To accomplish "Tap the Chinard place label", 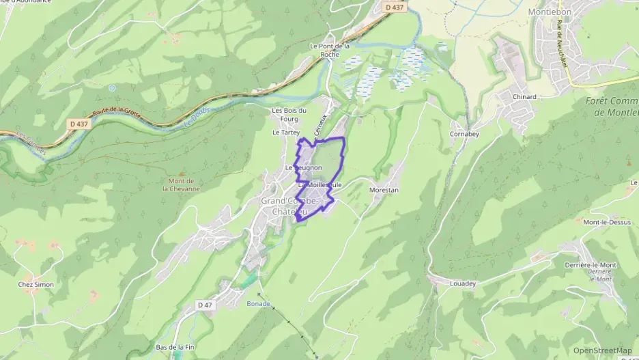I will pyautogui.click(x=524, y=97).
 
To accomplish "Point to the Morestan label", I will pyautogui.click(x=383, y=190).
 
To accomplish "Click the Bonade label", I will pyautogui.click(x=259, y=303).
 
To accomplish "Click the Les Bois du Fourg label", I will pyautogui.click(x=290, y=115).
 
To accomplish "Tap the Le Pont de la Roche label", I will pyautogui.click(x=330, y=51).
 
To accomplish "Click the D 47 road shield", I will pyautogui.click(x=204, y=304).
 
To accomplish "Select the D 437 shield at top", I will pyautogui.click(x=395, y=8).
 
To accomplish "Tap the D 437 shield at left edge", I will pyautogui.click(x=78, y=123).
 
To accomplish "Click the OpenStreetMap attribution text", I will pyautogui.click(x=602, y=350).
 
